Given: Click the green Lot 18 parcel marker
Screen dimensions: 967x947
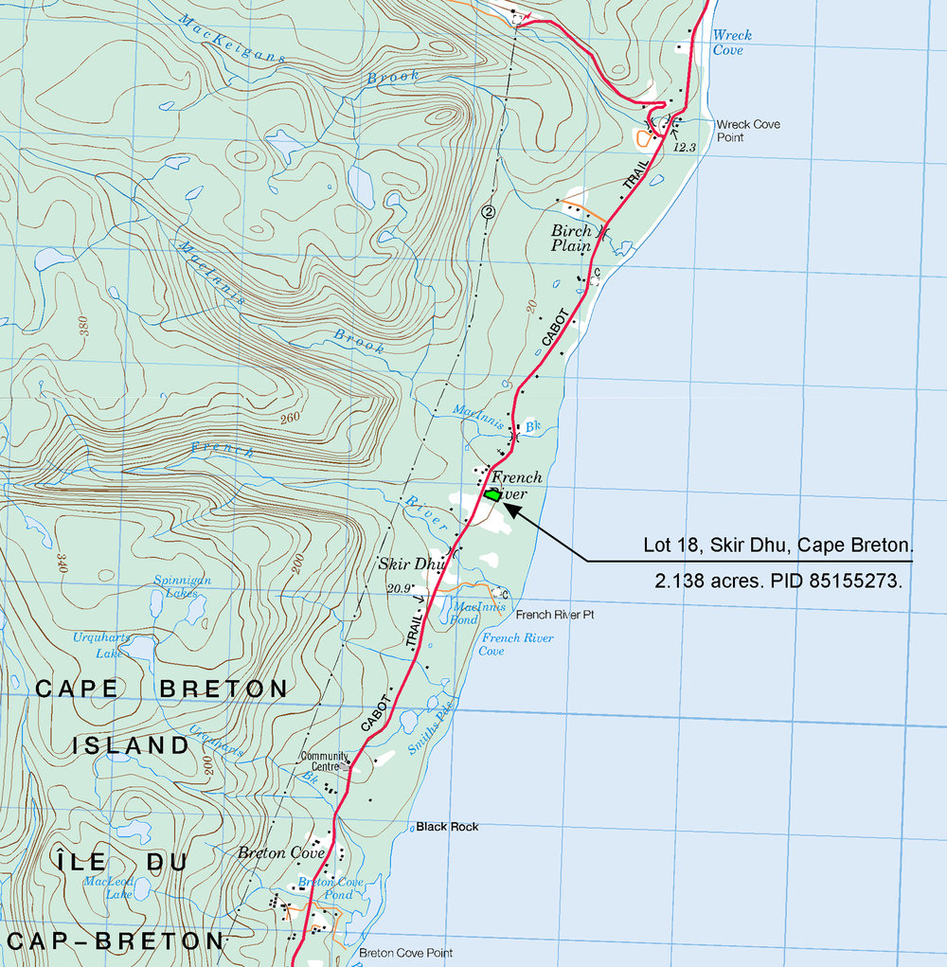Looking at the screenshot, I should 492,493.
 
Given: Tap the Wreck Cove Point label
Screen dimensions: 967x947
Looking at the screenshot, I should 748,131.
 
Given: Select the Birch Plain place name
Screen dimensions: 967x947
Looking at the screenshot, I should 572,239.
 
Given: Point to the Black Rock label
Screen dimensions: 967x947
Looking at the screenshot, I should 447,827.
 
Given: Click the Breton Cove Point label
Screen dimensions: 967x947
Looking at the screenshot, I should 405,953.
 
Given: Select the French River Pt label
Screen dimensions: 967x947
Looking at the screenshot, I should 554,615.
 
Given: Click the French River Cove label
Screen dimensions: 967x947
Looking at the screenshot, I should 516,644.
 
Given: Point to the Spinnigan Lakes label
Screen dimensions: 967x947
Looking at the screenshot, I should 182,586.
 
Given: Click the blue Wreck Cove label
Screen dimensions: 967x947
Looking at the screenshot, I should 731,43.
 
